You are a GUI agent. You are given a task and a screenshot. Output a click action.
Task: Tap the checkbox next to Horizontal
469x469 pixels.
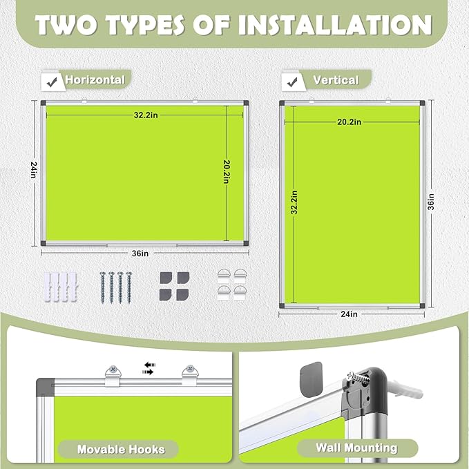(50, 80)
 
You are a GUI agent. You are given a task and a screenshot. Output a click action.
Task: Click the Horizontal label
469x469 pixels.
(95, 80)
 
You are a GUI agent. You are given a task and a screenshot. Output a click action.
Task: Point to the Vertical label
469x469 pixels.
(336, 80)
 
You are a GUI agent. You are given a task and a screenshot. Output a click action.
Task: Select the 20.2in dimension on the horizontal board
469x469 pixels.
(226, 169)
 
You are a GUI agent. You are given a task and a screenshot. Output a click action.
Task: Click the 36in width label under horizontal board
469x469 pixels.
(140, 253)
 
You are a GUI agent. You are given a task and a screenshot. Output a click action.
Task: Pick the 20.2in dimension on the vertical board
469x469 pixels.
(349, 122)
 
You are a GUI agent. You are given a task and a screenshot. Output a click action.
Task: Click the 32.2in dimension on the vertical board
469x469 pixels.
(294, 203)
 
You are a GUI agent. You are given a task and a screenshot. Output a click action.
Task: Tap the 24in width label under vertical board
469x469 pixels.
(350, 314)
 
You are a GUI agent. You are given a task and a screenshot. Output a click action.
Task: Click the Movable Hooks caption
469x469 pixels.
(121, 449)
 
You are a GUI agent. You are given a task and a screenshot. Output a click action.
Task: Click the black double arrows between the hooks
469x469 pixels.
(149, 367)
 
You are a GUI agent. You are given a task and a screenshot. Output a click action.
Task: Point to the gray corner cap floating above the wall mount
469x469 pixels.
(309, 378)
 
